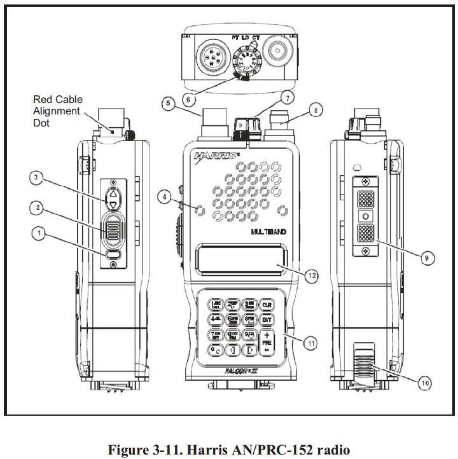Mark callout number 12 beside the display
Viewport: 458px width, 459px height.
312,276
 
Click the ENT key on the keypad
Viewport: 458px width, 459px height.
267,321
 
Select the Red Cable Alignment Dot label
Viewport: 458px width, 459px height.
57,111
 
